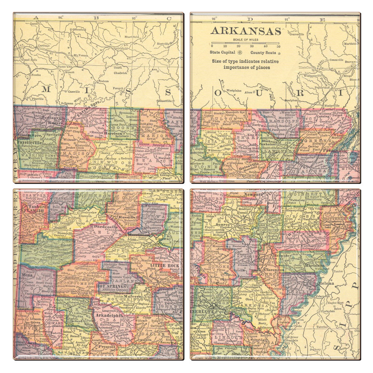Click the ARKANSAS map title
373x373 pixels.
[246, 31]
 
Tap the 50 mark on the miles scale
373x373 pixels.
[278, 46]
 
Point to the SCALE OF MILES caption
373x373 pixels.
[246, 39]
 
